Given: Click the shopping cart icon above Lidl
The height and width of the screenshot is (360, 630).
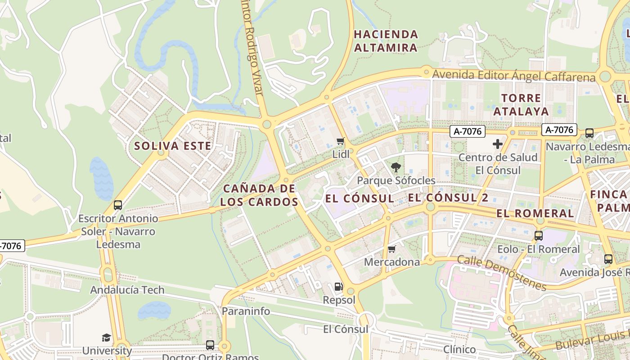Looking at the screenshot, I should (341, 141).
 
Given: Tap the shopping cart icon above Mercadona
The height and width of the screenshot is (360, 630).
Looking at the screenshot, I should (391, 249).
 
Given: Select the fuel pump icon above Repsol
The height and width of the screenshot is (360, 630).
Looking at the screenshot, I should (338, 286).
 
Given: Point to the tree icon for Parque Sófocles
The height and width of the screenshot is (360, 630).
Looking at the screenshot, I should (396, 167).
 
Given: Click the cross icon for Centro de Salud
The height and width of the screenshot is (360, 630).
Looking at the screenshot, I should (498, 144).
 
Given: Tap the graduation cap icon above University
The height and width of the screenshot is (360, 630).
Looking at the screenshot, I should (106, 337).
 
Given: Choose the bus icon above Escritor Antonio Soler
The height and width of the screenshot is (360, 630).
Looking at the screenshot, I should (118, 205).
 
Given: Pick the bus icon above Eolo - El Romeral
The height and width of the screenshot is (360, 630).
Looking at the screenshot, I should (538, 235).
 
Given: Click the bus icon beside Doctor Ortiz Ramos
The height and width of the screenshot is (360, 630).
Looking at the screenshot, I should (210, 345).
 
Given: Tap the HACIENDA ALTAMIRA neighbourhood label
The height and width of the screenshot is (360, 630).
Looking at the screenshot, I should (386, 41).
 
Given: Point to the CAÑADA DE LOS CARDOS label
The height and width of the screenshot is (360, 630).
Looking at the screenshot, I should (259, 195).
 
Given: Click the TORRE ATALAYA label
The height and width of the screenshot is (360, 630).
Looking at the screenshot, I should (521, 104).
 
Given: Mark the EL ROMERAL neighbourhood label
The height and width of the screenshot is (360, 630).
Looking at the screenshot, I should (535, 213).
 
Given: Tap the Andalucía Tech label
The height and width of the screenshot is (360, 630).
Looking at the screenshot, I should (127, 290).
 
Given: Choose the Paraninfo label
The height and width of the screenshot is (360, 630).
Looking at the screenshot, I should (246, 311).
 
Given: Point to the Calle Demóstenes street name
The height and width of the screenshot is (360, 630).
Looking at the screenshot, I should (502, 272).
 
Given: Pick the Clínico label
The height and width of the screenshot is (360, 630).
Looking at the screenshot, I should (459, 350).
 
